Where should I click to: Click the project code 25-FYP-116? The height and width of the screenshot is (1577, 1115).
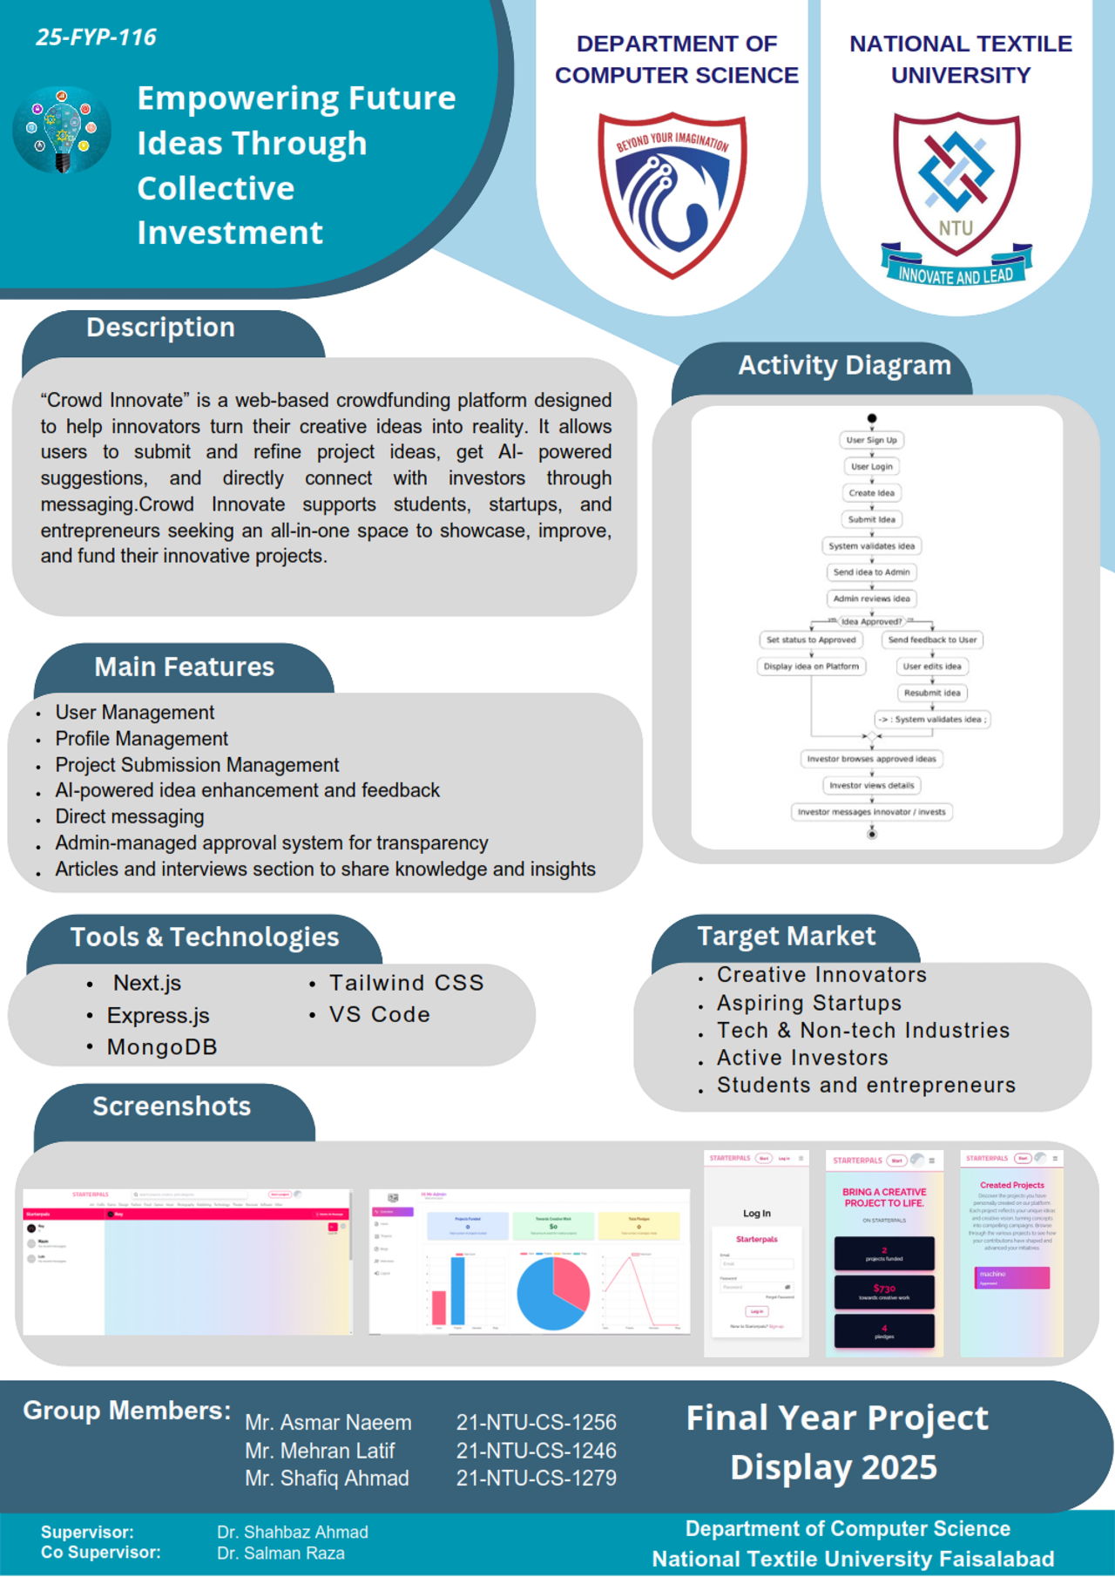pyautogui.click(x=96, y=37)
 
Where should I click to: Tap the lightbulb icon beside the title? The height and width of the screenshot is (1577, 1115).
pyautogui.click(x=62, y=130)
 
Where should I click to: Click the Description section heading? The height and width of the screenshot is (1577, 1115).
pyautogui.click(x=160, y=328)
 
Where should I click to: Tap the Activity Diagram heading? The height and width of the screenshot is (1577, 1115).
pyautogui.click(x=844, y=365)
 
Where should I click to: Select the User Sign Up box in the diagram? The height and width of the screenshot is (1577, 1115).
pyautogui.click(x=871, y=440)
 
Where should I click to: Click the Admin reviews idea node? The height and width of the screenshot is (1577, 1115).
pyautogui.click(x=871, y=599)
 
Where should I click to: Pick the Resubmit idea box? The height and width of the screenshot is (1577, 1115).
pyautogui.click(x=932, y=693)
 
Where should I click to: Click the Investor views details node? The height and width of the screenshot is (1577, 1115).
pyautogui.click(x=871, y=785)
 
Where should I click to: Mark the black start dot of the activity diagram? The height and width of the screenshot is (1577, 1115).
pyautogui.click(x=872, y=418)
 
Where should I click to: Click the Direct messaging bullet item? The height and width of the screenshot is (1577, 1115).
pyautogui.click(x=130, y=816)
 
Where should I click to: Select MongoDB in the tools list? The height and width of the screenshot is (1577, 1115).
pyautogui.click(x=162, y=1047)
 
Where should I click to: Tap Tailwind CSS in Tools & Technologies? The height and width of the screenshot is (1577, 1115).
pyautogui.click(x=406, y=983)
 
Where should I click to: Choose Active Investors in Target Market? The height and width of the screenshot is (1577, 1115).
pyautogui.click(x=802, y=1058)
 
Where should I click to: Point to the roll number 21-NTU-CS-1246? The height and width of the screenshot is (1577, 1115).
pyautogui.click(x=536, y=1451)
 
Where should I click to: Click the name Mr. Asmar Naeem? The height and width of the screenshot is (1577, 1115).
pyautogui.click(x=328, y=1423)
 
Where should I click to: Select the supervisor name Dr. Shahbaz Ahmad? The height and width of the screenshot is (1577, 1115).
pyautogui.click(x=293, y=1532)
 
